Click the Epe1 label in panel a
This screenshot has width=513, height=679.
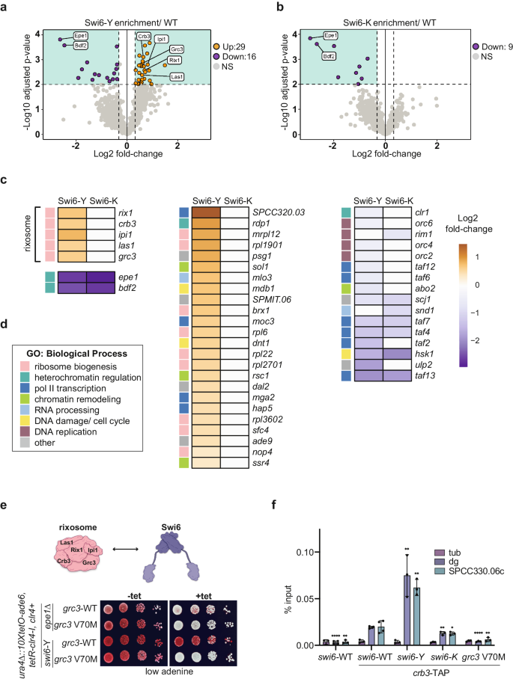(x=82, y=34)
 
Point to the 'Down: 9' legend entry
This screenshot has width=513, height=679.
(x=470, y=40)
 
